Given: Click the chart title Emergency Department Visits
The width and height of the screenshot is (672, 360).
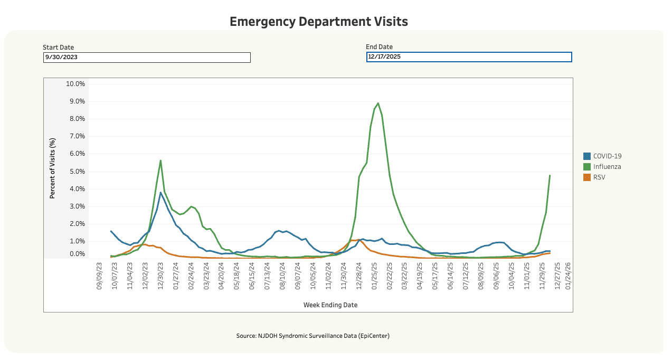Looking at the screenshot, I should pyautogui.click(x=319, y=22).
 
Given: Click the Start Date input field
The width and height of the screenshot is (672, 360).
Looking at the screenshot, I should pyautogui.click(x=147, y=58).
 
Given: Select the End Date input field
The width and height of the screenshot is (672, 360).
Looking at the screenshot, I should pyautogui.click(x=469, y=57).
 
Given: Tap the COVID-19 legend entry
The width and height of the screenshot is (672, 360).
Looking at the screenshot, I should pyautogui.click(x=607, y=156).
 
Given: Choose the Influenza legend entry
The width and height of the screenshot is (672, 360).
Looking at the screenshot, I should pyautogui.click(x=607, y=167).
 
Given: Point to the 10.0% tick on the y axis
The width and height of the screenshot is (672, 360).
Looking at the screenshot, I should pyautogui.click(x=74, y=84).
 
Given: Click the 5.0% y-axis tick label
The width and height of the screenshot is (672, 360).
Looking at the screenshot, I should pyautogui.click(x=75, y=172).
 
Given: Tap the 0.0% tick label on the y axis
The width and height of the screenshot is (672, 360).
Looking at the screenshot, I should pyautogui.click(x=75, y=254).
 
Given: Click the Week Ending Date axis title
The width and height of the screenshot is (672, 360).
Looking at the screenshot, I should pyautogui.click(x=330, y=305).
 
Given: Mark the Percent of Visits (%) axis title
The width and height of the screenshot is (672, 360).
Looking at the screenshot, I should pyautogui.click(x=53, y=168).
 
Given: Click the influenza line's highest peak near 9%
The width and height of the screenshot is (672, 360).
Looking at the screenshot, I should pyautogui.click(x=378, y=103).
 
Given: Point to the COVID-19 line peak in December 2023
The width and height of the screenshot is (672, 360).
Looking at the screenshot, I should pyautogui.click(x=160, y=193).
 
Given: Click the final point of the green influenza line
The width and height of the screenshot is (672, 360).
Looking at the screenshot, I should pyautogui.click(x=550, y=175).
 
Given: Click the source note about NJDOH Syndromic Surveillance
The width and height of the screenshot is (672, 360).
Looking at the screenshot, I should pyautogui.click(x=313, y=336).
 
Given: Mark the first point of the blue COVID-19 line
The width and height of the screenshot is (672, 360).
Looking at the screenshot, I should pyautogui.click(x=111, y=231).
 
